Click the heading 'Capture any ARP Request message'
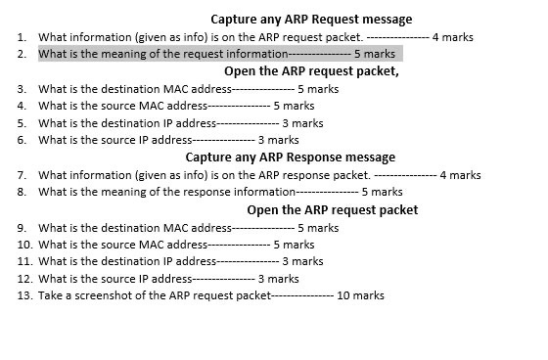click(311, 19)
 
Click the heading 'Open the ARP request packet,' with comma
click(311, 71)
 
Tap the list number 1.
click(21, 36)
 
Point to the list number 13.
click(24, 295)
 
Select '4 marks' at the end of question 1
click(452, 36)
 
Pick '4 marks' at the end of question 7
click(460, 175)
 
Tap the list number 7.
click(21, 175)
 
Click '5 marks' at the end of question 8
click(382, 192)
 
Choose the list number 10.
click(24, 244)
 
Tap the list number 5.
click(21, 123)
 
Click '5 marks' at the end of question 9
click(318, 227)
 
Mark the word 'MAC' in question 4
click(154, 106)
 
